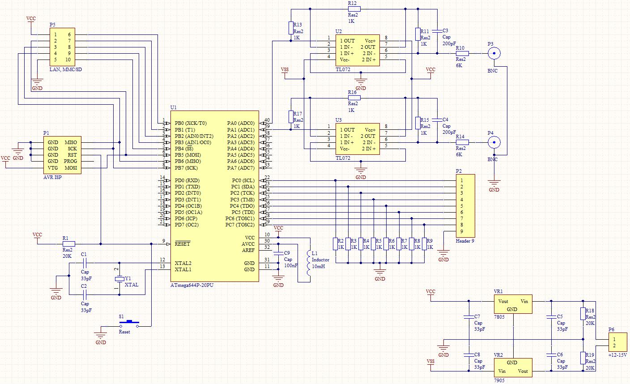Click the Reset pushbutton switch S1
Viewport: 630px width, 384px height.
129,324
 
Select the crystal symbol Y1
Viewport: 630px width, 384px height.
119,279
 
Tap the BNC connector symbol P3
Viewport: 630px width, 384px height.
494,53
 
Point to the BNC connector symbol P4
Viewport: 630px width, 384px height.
494,142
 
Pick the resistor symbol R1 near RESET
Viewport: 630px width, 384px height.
68,244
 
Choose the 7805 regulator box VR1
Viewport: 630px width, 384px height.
513,304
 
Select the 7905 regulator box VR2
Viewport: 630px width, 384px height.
513,367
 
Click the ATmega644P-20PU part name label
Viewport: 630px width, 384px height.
192,285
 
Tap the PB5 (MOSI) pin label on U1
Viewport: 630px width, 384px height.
187,155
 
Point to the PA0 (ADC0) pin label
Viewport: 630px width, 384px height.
241,123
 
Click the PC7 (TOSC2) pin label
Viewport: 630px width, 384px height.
240,225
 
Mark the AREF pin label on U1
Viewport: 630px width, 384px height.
248,250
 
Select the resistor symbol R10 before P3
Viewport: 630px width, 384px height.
462,53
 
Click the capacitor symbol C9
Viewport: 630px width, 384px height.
278,253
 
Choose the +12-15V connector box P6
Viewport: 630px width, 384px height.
618,342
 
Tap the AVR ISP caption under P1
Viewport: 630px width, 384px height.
52,177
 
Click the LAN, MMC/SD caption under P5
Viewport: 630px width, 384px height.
65,69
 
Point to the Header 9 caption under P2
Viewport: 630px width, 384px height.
465,241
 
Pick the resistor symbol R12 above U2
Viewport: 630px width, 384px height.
354,9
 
